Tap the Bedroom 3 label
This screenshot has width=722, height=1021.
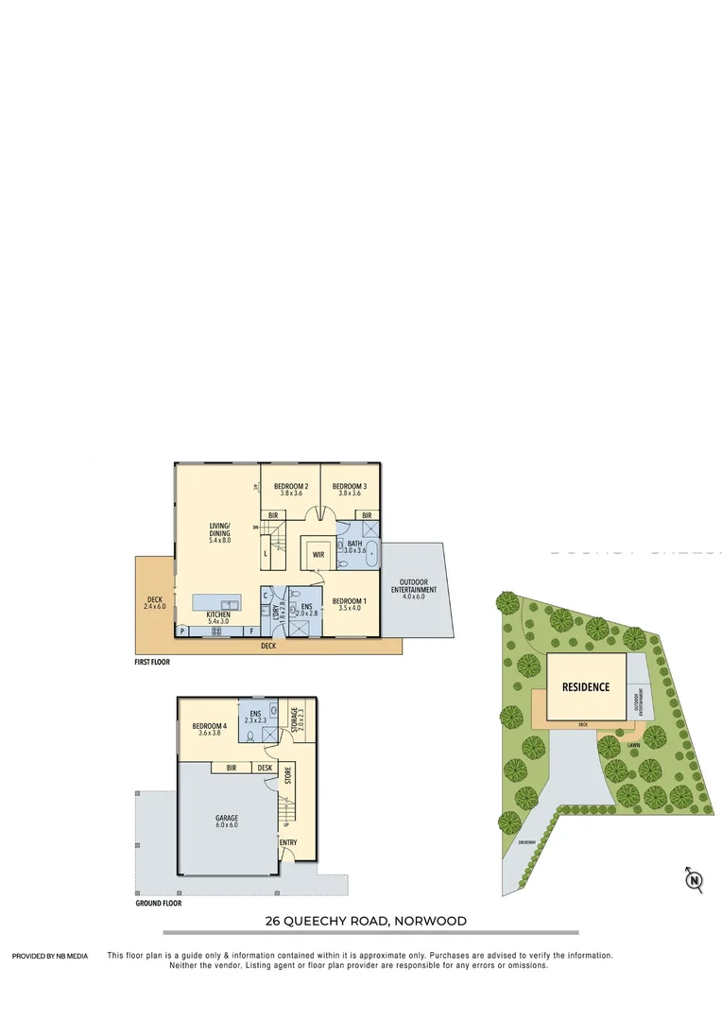(x=351, y=489)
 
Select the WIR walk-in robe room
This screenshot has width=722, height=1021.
(x=318, y=555)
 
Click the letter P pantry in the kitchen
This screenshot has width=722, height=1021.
(x=181, y=631)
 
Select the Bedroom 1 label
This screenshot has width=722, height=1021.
(x=349, y=604)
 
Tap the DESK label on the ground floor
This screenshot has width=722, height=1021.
(x=266, y=768)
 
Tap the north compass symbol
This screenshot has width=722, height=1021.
(x=694, y=881)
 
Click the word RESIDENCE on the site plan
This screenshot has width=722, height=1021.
(x=586, y=687)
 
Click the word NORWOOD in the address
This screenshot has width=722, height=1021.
(x=430, y=921)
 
